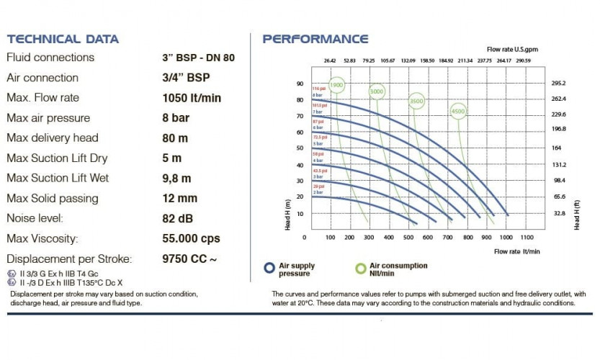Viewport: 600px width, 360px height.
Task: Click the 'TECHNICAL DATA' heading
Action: tap(63, 39)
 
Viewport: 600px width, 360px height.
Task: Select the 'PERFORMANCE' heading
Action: tap(315, 39)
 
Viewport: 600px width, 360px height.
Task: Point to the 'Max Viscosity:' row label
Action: tap(42, 238)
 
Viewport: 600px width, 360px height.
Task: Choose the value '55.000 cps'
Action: tap(192, 238)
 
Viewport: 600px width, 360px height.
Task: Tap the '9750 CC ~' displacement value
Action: tap(190, 258)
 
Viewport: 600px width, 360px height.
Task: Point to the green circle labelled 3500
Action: tap(416, 102)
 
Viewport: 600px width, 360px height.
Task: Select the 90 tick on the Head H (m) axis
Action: tap(300, 84)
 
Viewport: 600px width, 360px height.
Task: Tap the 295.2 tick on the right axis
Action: tap(559, 84)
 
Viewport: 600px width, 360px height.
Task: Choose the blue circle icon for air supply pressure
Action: tap(269, 269)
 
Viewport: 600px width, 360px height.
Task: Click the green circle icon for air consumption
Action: tap(361, 269)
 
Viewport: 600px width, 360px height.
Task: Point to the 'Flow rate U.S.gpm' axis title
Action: tap(512, 49)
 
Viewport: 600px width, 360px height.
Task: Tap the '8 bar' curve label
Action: tap(317, 95)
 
